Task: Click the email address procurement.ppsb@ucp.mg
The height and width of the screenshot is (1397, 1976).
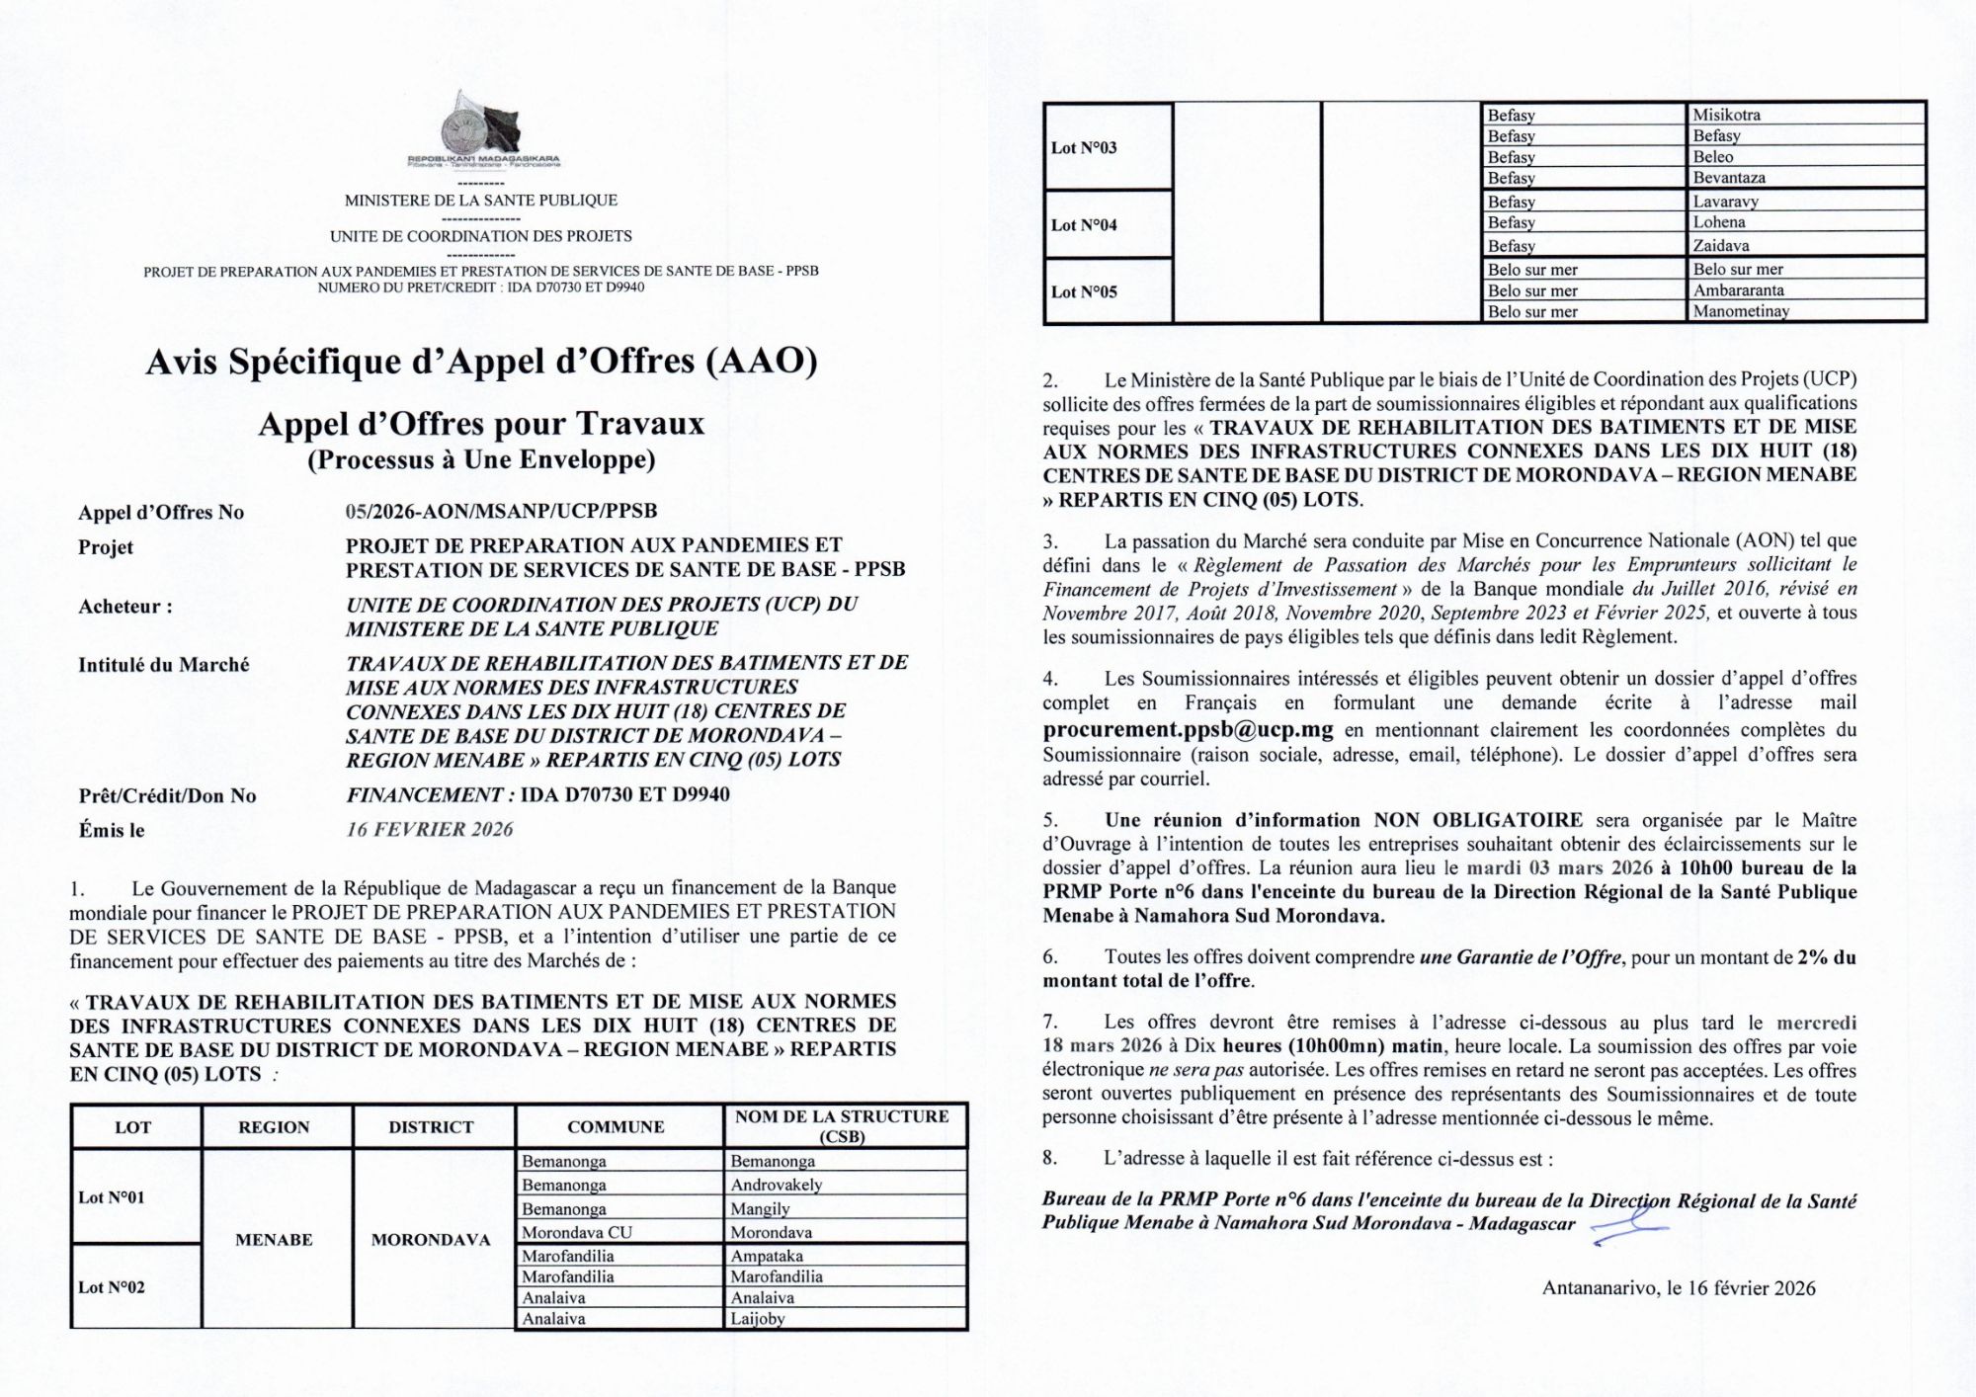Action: tap(1188, 731)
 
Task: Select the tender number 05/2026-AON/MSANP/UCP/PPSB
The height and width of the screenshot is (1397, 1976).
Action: tap(501, 511)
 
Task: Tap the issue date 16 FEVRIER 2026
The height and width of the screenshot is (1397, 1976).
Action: tap(429, 829)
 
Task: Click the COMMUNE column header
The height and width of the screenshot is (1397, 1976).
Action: tap(616, 1126)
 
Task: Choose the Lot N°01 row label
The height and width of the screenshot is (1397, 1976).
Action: tap(112, 1197)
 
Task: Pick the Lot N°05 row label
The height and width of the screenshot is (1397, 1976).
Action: tap(1084, 291)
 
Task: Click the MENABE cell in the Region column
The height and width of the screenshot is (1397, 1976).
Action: tap(274, 1239)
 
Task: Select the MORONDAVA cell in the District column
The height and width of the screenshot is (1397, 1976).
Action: tap(431, 1239)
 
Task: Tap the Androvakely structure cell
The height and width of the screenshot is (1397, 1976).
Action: tap(776, 1185)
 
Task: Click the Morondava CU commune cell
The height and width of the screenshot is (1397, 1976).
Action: tap(577, 1232)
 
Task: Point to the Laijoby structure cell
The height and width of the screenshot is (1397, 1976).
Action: tap(757, 1318)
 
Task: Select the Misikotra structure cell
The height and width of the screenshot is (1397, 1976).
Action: tap(1726, 115)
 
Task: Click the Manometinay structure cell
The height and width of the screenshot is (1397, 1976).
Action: tap(1741, 311)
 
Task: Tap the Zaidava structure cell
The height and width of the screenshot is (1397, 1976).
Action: tap(1721, 245)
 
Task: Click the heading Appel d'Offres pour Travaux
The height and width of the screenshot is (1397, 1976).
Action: tap(481, 424)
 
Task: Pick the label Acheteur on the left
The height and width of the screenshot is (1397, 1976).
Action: tap(124, 607)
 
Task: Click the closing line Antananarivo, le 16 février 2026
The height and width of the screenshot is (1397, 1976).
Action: tap(1678, 1288)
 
